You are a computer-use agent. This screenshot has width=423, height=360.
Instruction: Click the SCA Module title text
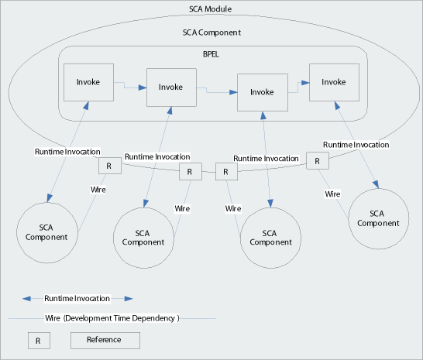[x=210, y=9]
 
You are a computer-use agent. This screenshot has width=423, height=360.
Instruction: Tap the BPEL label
[x=211, y=54]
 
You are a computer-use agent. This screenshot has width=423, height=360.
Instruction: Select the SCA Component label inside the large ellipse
[x=211, y=33]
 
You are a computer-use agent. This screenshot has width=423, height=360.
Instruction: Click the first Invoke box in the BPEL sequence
[x=88, y=82]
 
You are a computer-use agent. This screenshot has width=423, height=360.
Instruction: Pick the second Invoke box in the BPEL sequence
[x=171, y=87]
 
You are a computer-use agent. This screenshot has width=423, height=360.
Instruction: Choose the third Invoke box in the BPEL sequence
[x=263, y=92]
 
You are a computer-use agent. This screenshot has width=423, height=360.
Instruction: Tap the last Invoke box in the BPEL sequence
[x=334, y=82]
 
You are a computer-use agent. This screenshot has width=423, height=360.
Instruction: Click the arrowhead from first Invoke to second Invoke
[x=143, y=87]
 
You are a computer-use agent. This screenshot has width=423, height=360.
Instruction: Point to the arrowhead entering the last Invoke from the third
[x=305, y=83]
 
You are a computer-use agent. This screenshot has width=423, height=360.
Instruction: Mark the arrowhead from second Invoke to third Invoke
[x=233, y=92]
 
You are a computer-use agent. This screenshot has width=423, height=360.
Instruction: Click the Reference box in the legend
[x=105, y=341]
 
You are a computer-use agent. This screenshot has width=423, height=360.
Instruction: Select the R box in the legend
[x=39, y=341]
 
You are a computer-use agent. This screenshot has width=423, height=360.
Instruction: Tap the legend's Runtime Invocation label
[x=77, y=299]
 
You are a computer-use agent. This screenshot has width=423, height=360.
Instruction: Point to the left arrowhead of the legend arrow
[x=26, y=299]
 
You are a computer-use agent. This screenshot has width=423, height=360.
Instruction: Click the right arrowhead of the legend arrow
[x=129, y=299]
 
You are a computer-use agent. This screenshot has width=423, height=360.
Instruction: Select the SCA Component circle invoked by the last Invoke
[x=379, y=218]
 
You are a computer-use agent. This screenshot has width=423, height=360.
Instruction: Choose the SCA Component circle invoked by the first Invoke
[x=47, y=233]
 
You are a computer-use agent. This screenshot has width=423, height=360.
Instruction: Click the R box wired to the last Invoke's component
[x=318, y=161]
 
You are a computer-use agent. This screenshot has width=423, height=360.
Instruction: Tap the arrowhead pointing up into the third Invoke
[x=263, y=115]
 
